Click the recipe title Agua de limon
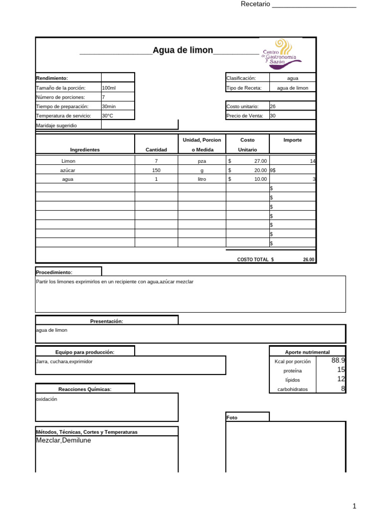pos(183,50)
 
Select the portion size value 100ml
pos(109,88)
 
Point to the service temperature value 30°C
pos(108,116)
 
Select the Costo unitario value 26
pos(272,107)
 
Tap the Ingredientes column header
pos(85,149)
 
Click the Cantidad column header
pos(156,149)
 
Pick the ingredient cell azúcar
pos(68,170)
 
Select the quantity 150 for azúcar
pos(156,170)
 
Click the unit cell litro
pos(202,179)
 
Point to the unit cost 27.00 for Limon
pos(260,161)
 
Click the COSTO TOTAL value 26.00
pos(309,259)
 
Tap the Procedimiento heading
pos(54,272)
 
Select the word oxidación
pos(47,399)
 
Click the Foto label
pos(232,418)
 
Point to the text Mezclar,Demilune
pos(64,440)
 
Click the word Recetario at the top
pos(255,4)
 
